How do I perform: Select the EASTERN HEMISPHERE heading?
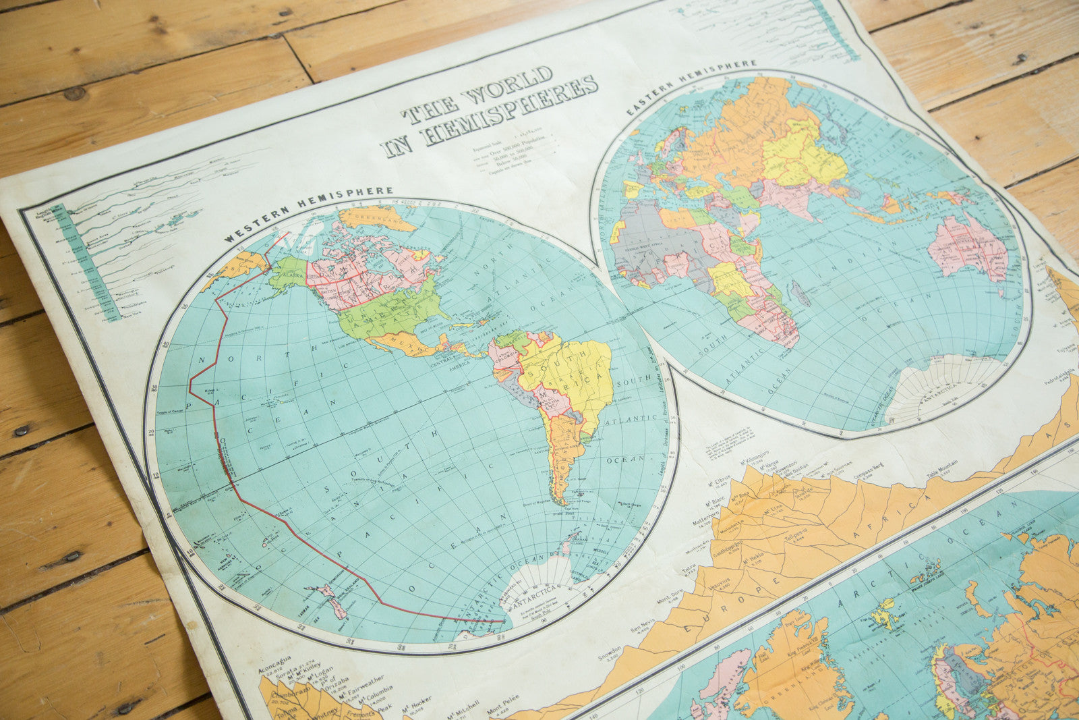(691, 86)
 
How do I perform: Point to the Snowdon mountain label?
(611, 654)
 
